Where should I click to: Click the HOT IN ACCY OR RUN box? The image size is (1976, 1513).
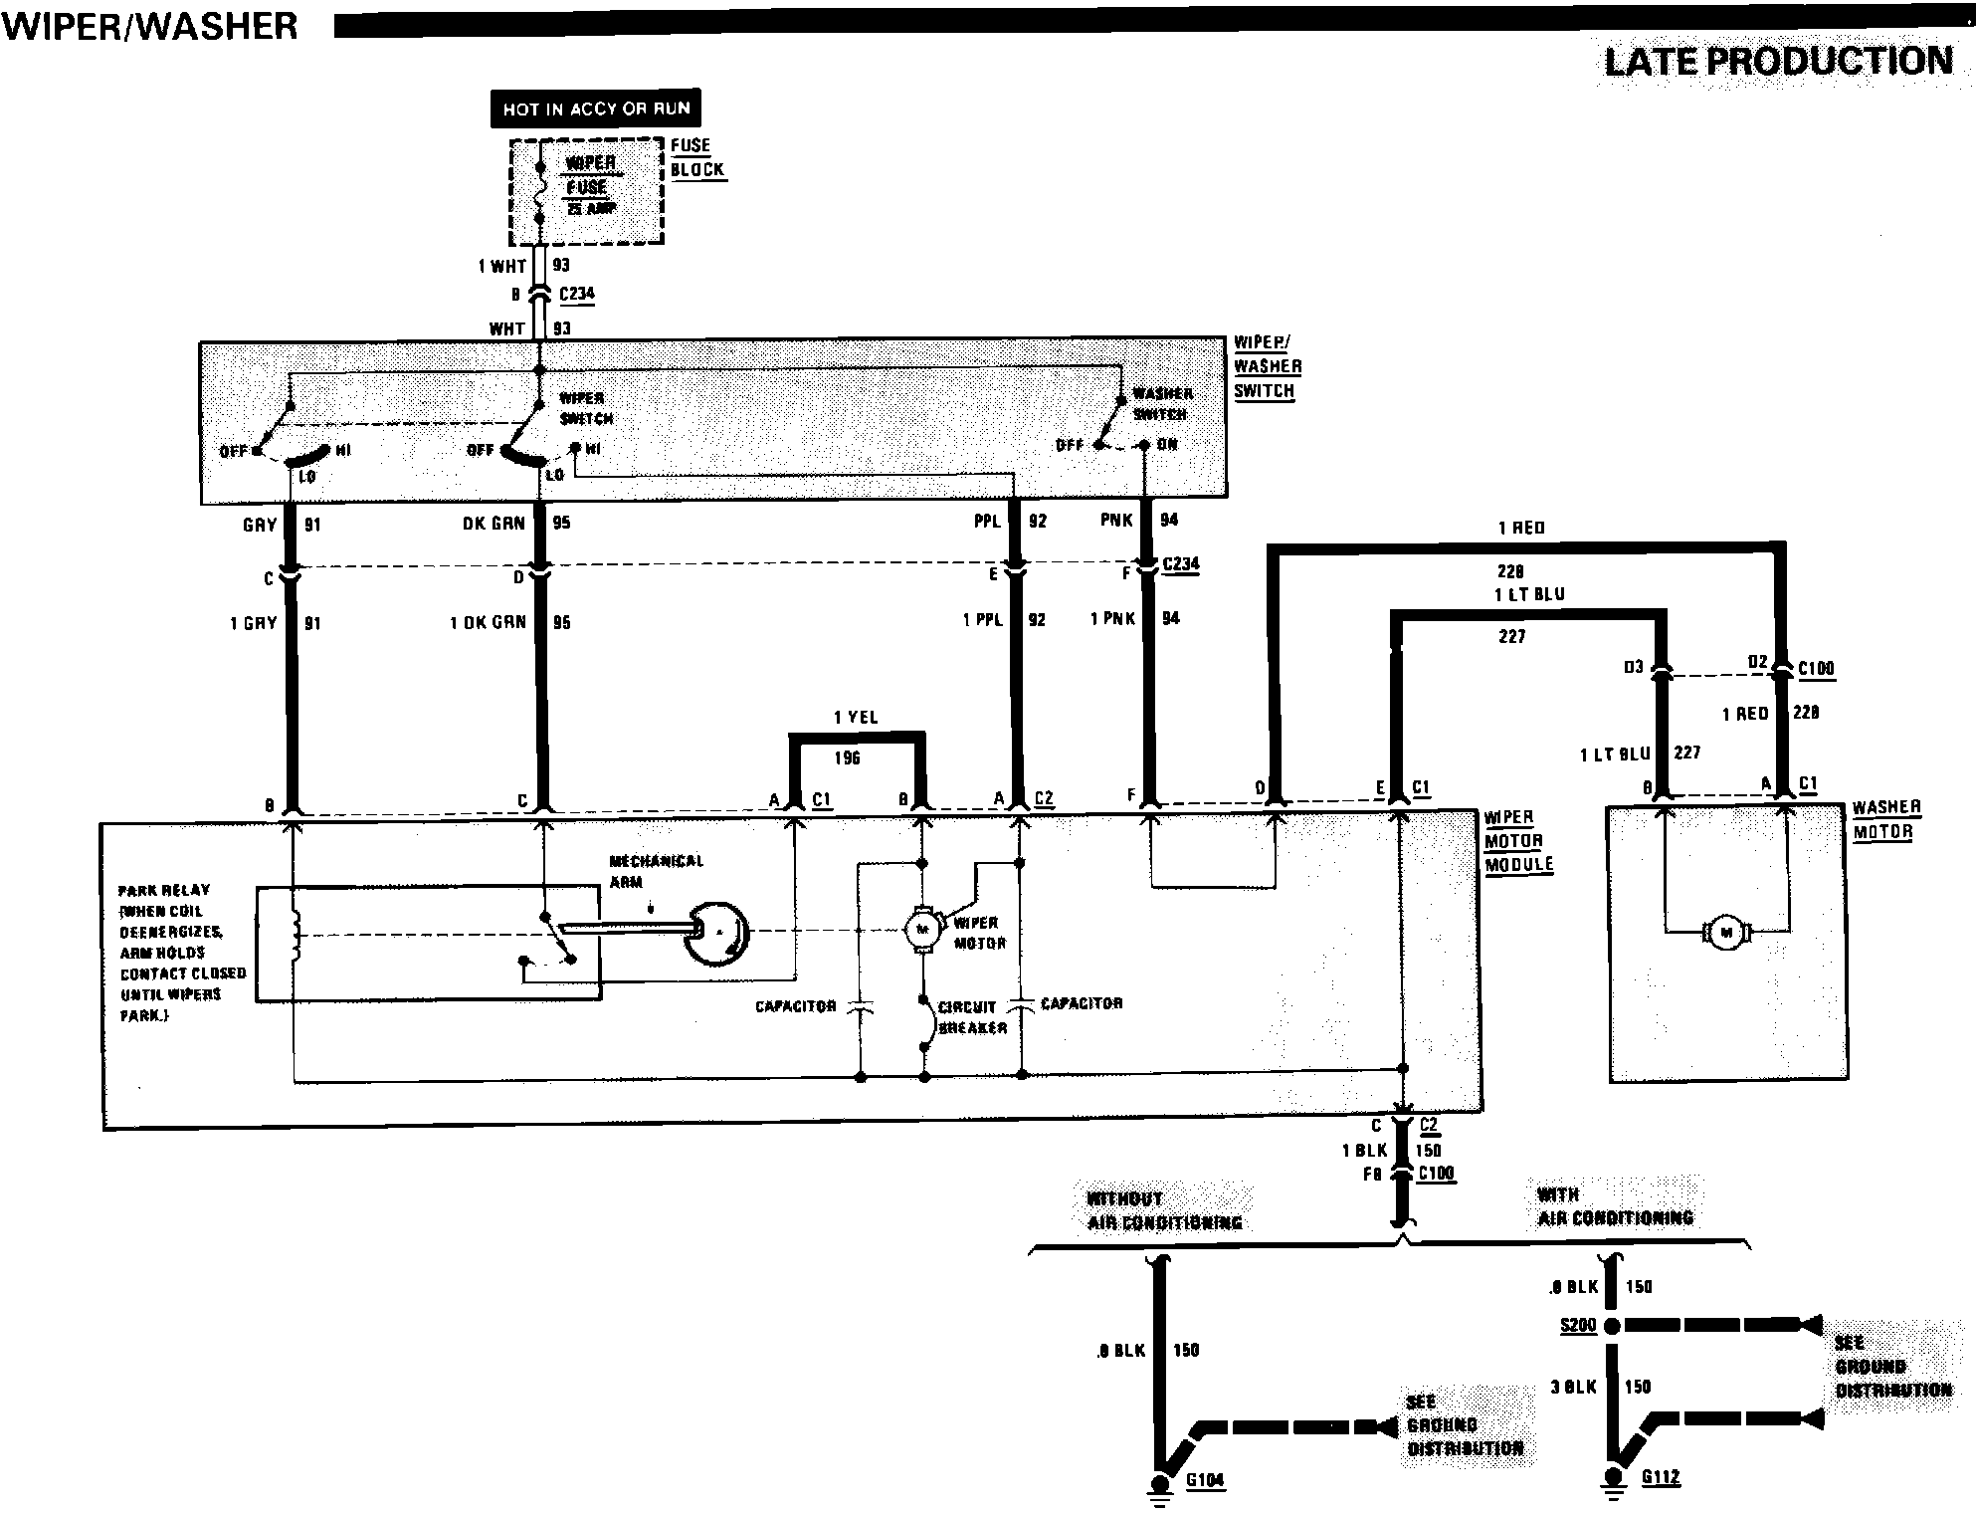596,108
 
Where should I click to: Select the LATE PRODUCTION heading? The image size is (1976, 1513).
1778,62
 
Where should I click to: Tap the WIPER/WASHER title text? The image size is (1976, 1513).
150,25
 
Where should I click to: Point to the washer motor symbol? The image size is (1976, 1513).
1726,933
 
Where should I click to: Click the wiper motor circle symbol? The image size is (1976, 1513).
921,929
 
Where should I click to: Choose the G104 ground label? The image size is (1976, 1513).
1205,1480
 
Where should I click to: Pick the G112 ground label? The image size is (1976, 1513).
1661,1476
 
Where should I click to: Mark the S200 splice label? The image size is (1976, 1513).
1578,1325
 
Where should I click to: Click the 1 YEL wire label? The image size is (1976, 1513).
856,718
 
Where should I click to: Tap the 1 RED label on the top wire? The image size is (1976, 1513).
1521,528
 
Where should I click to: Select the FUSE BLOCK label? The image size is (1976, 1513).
696,157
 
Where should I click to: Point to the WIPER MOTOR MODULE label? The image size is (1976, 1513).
1518,841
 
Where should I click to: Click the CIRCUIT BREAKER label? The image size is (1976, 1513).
972,1017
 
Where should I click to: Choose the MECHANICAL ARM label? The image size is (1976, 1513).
656,871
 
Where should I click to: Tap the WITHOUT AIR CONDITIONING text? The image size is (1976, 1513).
1164,1210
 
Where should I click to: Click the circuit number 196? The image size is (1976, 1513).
847,758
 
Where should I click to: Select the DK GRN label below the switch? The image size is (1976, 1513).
494,524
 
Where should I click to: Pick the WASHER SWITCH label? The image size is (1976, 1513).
1161,403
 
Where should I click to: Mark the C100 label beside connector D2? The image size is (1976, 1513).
1816,668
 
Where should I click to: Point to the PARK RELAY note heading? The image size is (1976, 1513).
164,890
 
